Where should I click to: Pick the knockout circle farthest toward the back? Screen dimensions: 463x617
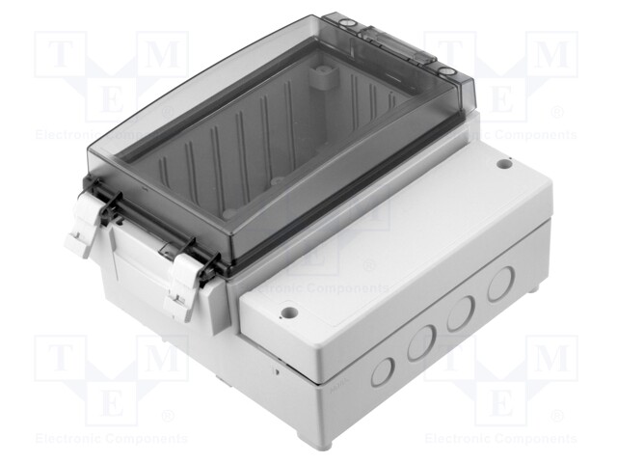[499, 285]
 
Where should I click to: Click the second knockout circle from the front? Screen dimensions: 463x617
[420, 343]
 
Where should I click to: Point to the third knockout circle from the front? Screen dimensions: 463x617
[460, 314]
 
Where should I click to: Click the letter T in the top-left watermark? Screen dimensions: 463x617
[60, 56]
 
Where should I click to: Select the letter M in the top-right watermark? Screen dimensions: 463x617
[550, 56]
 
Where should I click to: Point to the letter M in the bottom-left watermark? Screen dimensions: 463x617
[159, 357]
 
